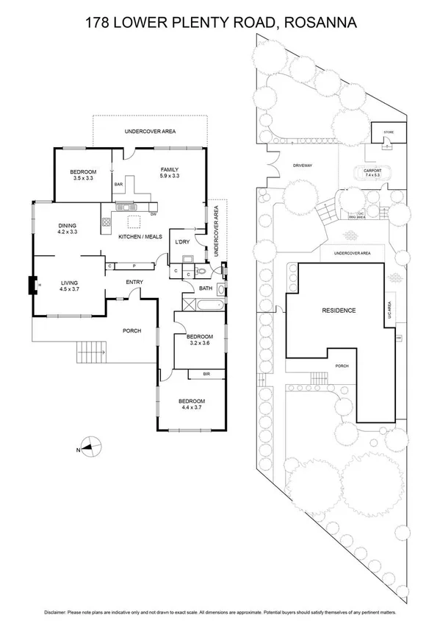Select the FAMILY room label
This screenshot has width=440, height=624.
(x=170, y=170)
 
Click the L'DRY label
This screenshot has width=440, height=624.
(x=181, y=241)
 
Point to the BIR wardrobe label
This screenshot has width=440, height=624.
(x=206, y=374)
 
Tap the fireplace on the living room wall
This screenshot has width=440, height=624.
(x=34, y=284)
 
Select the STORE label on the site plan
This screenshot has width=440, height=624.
(x=388, y=133)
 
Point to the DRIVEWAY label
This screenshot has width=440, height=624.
(x=303, y=166)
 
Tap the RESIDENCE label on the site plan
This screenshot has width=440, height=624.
(x=339, y=311)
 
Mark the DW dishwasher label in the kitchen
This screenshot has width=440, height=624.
(x=153, y=214)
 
